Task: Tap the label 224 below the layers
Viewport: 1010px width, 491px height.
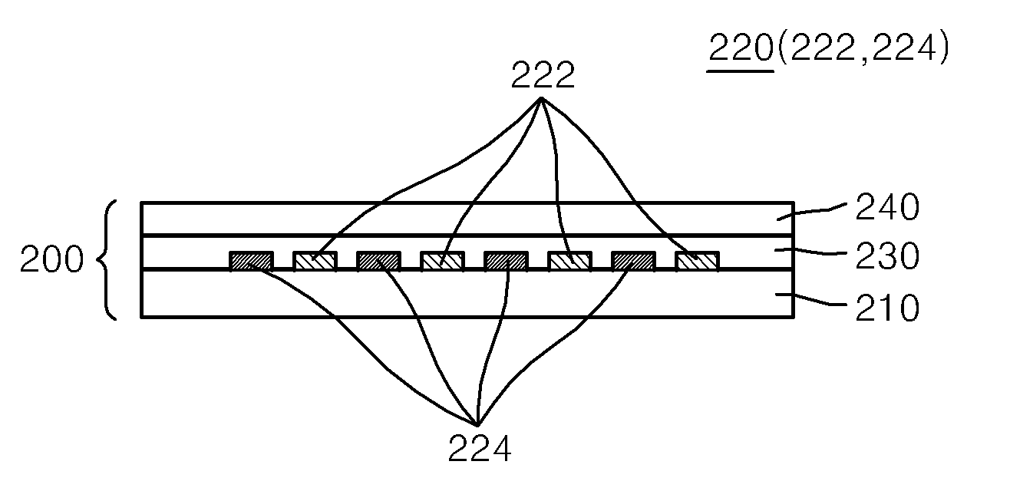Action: (480, 448)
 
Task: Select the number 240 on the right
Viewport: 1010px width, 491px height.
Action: (887, 207)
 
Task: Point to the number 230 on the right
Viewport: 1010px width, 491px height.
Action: (887, 256)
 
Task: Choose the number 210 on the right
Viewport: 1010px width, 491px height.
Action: (887, 308)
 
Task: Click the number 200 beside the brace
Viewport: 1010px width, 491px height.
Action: (52, 259)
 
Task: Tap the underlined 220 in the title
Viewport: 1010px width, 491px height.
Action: (741, 48)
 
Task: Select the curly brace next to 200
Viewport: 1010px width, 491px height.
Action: (107, 260)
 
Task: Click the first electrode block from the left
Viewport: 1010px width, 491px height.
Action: (252, 261)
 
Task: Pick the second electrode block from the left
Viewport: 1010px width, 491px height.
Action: (315, 261)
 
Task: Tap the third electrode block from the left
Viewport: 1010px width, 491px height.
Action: (379, 261)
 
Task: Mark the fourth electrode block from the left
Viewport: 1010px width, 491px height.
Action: (442, 261)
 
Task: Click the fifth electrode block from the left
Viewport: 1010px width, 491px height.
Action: (506, 261)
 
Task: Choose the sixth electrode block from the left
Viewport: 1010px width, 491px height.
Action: (570, 261)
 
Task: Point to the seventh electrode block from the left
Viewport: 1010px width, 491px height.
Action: (633, 261)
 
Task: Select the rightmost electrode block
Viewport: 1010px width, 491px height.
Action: (697, 261)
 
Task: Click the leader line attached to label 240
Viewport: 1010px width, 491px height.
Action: (812, 211)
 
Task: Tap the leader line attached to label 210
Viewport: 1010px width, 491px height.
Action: (812, 299)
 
